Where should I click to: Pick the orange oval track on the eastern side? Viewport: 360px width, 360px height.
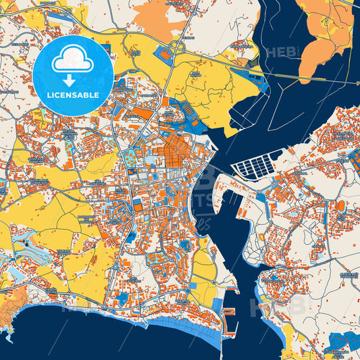(341, 205)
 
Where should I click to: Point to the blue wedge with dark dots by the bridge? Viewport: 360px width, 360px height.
(247, 75)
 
